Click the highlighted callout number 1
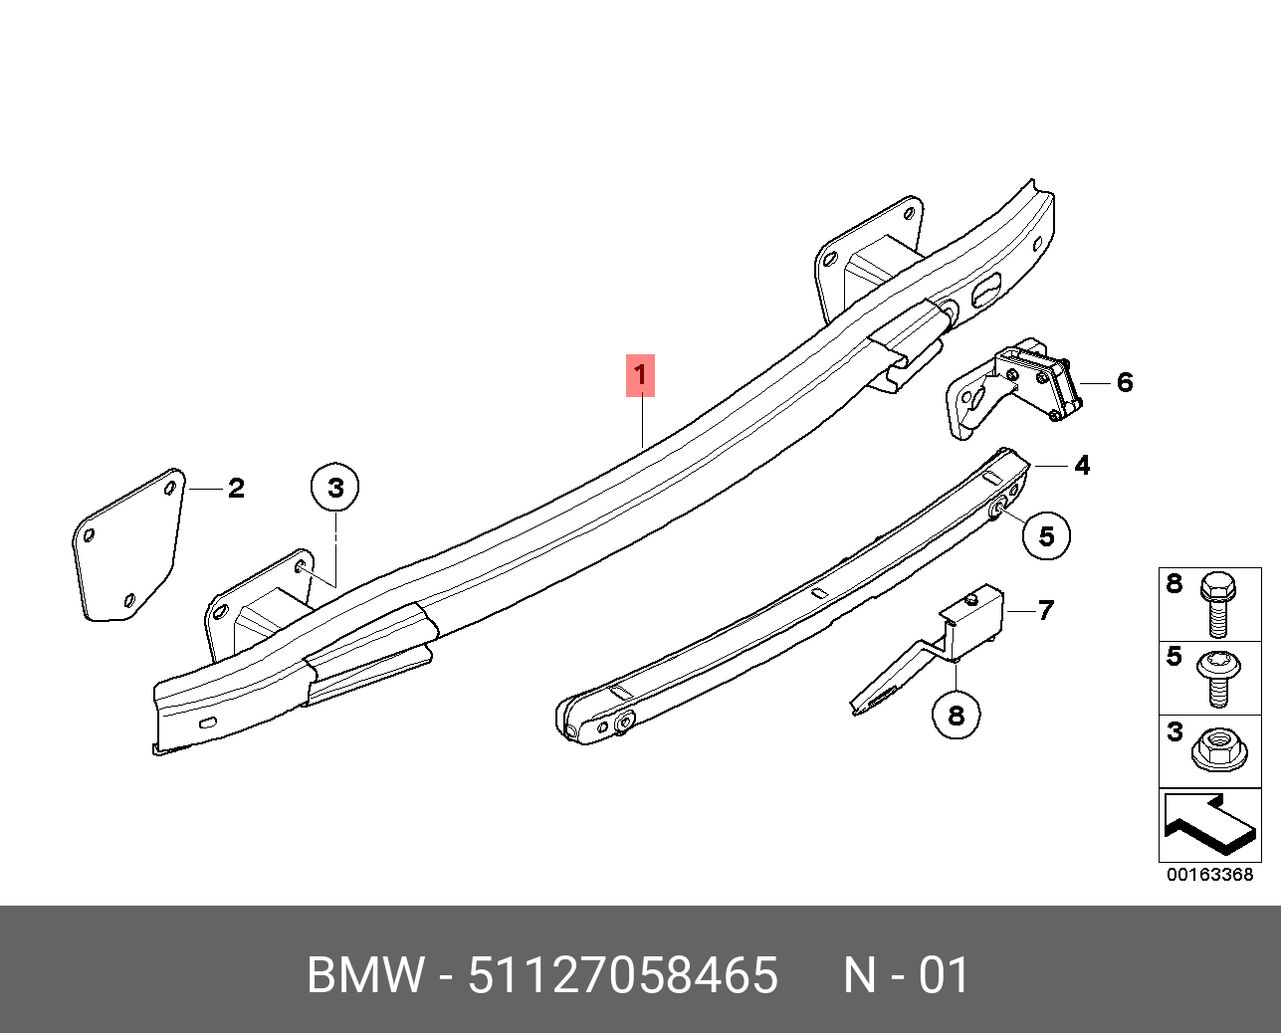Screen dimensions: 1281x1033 [x=640, y=375]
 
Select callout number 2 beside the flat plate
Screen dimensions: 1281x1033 [x=236, y=489]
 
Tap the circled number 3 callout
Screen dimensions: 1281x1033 [x=335, y=487]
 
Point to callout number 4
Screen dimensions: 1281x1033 [x=1082, y=465]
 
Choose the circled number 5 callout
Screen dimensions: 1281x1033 [x=1046, y=536]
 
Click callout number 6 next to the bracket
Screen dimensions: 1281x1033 [x=1125, y=382]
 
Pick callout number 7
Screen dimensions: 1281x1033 [x=1046, y=610]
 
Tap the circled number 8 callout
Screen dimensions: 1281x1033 [x=956, y=716]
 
